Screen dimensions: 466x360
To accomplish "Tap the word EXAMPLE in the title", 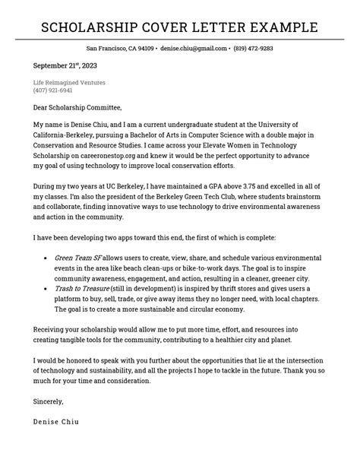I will [281, 29].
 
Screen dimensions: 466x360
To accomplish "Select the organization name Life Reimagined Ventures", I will [69, 82].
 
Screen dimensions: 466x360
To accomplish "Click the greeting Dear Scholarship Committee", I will [77, 107].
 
